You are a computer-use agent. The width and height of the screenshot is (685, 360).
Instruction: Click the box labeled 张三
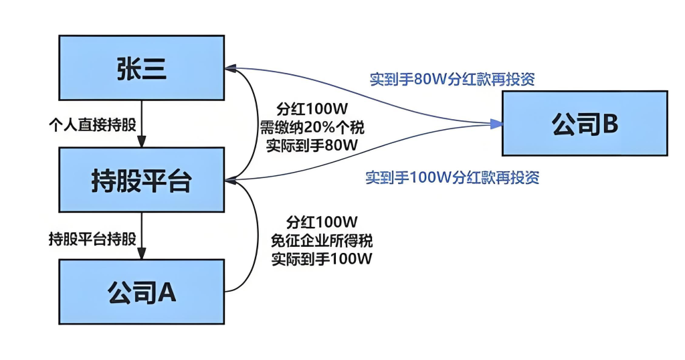141,68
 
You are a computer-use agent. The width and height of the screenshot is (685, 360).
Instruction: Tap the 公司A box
141,292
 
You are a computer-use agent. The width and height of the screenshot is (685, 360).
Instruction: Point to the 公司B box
585,124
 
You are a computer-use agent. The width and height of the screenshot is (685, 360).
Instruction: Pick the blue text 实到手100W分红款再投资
452,177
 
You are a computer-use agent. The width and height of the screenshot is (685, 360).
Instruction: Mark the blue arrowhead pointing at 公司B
496,123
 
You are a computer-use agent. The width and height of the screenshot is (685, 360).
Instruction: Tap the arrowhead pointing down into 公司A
141,254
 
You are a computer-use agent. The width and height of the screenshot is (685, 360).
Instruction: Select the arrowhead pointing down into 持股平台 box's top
141,142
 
